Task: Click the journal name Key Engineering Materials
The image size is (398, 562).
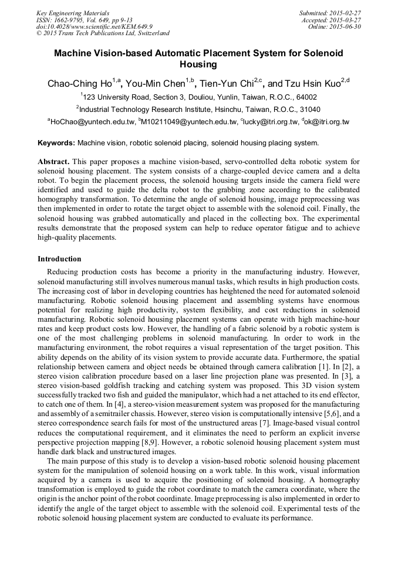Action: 73,13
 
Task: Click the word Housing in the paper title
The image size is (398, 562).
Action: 198,64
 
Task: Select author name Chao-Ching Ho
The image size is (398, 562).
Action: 80,83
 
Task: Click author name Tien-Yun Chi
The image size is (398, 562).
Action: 231,83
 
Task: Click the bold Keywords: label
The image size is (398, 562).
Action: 56,142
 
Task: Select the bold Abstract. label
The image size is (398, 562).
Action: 54,161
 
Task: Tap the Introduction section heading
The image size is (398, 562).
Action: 59,258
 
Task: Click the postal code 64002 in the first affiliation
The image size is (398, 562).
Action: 305,97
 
